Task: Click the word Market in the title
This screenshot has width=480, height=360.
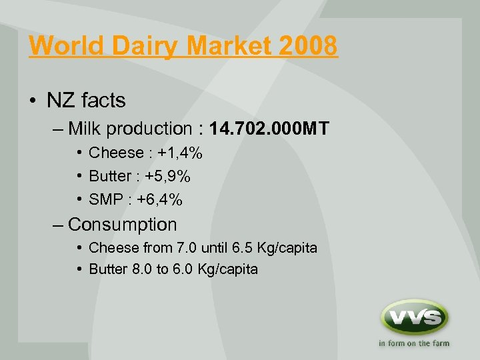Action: point(223,46)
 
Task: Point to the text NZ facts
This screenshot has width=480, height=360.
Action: point(86,100)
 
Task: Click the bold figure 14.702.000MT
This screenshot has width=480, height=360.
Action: point(269,129)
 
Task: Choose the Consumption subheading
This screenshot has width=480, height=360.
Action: point(122,225)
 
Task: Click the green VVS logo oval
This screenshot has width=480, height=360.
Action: point(414,317)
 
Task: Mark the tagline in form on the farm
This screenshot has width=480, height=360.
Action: point(414,343)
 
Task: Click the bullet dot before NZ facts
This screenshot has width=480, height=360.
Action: point(33,101)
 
